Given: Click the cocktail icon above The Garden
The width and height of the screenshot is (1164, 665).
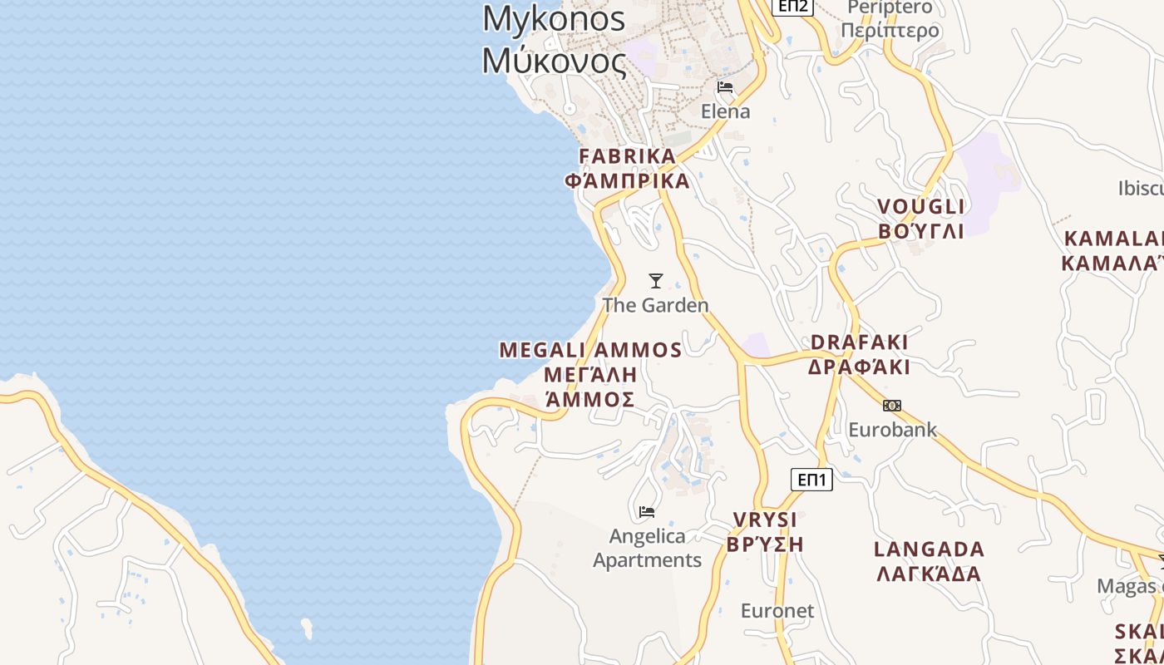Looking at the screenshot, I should point(656,281).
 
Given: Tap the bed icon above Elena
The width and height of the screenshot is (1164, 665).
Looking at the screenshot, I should point(725,87).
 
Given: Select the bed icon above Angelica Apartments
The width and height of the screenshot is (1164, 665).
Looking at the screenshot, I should point(647,511).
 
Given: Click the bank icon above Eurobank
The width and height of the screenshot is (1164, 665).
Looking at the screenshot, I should point(892,406).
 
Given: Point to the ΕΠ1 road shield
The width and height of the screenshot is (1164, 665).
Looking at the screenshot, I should point(811,480).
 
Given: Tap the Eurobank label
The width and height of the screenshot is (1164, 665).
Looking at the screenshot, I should point(892,430).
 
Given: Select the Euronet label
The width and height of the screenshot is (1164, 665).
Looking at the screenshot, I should point(777,611).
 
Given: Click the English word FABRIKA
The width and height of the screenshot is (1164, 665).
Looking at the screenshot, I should point(628,156).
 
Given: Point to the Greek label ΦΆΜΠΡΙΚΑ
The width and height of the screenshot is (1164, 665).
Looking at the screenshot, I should point(628,181).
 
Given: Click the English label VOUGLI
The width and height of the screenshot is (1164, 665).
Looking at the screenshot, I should point(921,207).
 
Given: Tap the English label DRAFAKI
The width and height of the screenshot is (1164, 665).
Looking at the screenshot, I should point(860,342).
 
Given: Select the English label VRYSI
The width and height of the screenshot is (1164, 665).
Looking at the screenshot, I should point(765,520).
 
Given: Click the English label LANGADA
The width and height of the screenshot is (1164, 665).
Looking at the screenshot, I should point(930,549).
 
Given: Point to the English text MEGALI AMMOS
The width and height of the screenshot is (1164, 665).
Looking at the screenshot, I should point(590,350).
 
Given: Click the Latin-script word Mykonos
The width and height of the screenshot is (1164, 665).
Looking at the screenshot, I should point(554,18).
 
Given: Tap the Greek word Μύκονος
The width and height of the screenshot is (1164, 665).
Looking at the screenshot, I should point(554,60).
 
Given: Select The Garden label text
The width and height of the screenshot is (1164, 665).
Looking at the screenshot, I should point(656,305).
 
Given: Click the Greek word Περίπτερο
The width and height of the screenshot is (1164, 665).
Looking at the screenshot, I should point(890,31).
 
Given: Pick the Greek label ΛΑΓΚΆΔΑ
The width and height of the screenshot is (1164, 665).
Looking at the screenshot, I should point(928,574).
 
